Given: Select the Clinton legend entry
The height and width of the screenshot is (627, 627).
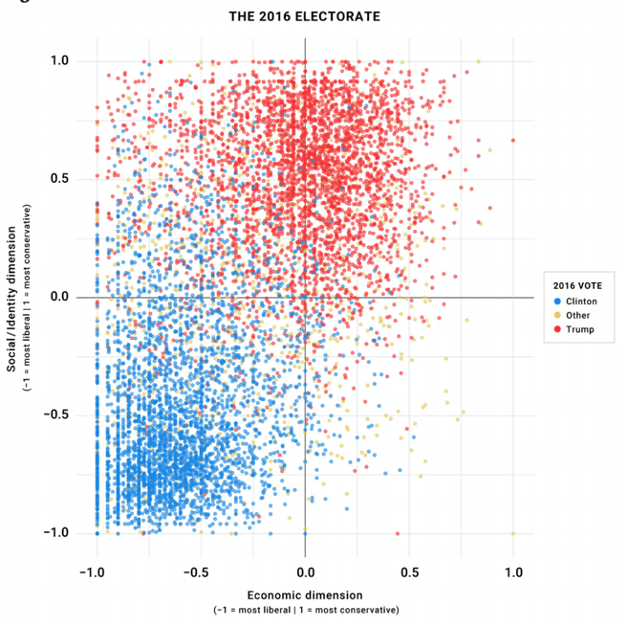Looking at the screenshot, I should tap(581, 301).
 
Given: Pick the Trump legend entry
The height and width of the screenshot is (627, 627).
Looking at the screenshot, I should tap(580, 329).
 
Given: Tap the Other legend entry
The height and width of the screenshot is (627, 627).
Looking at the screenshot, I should tap(578, 315).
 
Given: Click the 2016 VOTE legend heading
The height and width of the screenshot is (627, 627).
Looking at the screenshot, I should tap(577, 284).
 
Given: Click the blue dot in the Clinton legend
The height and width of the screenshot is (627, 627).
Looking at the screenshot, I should tap(558, 301).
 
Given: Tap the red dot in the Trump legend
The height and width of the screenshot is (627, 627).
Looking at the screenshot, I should tap(558, 329).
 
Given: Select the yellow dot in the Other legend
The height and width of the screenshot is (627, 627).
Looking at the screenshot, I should tap(558, 315).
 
